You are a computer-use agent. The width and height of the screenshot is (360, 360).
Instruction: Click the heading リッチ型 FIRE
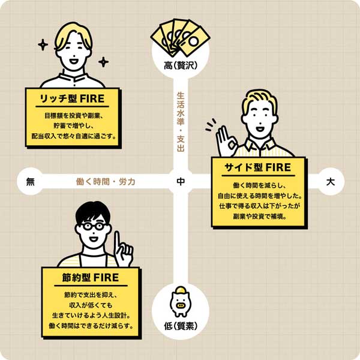coord(73,99)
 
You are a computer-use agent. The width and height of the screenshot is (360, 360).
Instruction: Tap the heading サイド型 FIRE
coord(258,167)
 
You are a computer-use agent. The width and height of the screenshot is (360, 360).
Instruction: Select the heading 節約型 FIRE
coord(91,278)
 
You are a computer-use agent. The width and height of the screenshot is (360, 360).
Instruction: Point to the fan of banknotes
coord(180,38)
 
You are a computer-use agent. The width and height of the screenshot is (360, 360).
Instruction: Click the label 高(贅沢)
coord(181,66)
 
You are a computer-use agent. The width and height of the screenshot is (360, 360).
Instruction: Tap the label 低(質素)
coord(181,326)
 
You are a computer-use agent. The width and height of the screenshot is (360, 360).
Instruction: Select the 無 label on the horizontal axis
coord(30,182)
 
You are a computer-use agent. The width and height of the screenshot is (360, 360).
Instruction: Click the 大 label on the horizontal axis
coord(331,182)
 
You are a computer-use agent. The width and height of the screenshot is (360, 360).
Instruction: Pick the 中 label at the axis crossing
coord(181,181)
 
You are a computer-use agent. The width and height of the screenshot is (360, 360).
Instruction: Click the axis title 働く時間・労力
coord(106,182)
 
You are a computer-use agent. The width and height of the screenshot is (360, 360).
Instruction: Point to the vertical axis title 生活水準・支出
coord(181,122)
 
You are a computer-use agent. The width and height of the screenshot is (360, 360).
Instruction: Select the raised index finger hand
coord(124,249)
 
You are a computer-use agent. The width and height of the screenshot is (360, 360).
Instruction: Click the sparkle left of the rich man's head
coord(43,45)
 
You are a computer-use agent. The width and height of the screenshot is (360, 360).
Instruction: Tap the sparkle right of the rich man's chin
coord(103,62)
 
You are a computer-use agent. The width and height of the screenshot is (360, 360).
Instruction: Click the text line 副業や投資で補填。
coord(260,216)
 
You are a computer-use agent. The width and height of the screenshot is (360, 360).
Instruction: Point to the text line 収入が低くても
coord(91,305)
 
